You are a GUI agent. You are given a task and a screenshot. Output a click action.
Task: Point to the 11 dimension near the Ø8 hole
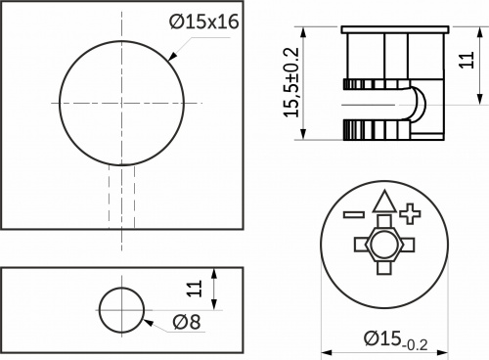point(195,288)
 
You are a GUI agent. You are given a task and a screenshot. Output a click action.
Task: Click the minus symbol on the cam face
point(353,212)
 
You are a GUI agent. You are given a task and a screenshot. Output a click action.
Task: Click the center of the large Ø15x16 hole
point(122,102)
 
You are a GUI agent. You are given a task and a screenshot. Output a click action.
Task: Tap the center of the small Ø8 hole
point(121,310)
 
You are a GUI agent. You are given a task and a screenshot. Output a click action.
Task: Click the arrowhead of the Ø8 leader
point(143,319)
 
